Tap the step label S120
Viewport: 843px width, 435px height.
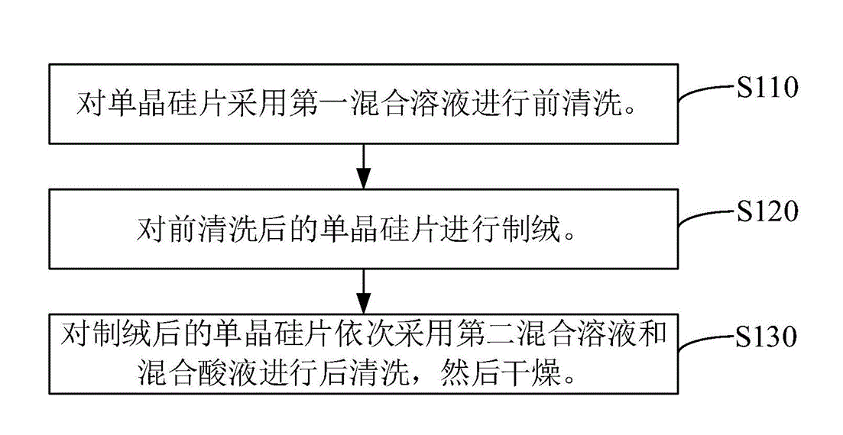(767, 211)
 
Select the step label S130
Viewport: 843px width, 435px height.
(767, 336)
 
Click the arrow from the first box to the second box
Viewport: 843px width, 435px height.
(364, 166)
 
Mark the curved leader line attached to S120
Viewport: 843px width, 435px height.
(704, 218)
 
